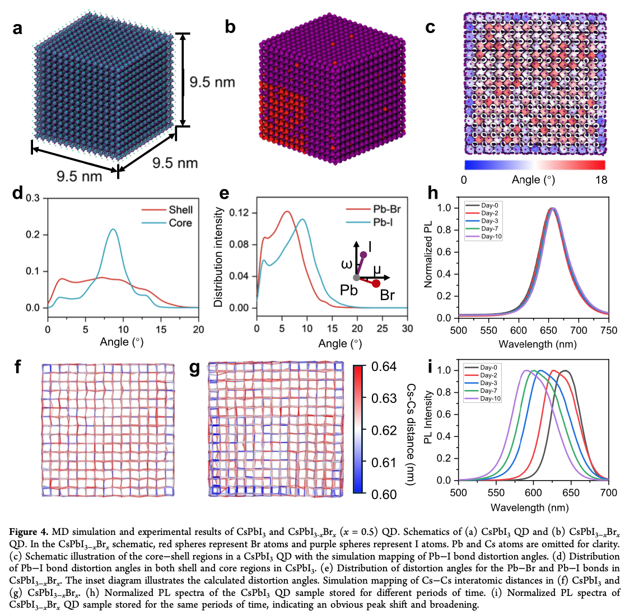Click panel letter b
230,27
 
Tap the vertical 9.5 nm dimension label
212,82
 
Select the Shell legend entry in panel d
167,210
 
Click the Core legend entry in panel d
166,223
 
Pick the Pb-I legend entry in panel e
369,223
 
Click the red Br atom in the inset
376,284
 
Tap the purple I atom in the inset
363,255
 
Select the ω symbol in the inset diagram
347,265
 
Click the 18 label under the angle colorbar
602,180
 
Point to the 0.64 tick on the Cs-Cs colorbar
384,366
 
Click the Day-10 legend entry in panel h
483,236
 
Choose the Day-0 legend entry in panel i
482,368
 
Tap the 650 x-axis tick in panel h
548,330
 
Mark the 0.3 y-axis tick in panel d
32,198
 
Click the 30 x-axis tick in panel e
407,328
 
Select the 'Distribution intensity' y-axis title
218,257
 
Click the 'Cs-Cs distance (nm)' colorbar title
410,435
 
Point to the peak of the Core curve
113,229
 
